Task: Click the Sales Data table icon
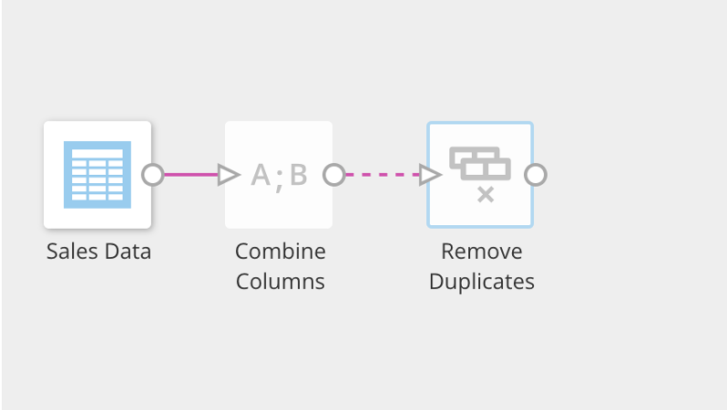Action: pos(97,174)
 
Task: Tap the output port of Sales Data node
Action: pos(152,174)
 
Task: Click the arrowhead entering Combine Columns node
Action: pos(229,174)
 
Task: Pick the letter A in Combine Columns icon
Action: pos(261,174)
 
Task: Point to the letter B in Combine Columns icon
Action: pos(298,174)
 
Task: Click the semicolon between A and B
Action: pos(280,177)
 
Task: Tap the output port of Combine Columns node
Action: pos(334,174)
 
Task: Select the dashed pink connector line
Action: pos(383,174)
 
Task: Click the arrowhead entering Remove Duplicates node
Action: pos(430,174)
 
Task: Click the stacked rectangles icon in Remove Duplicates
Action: pos(479,164)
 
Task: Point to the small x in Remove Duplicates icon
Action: pos(486,194)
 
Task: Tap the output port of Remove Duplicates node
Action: pos(536,174)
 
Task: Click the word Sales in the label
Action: pos(70,251)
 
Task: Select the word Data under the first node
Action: pos(126,251)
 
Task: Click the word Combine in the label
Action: pos(280,251)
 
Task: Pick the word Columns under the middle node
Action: pos(280,282)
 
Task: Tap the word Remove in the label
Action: pos(481,251)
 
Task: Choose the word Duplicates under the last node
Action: pos(481,282)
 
